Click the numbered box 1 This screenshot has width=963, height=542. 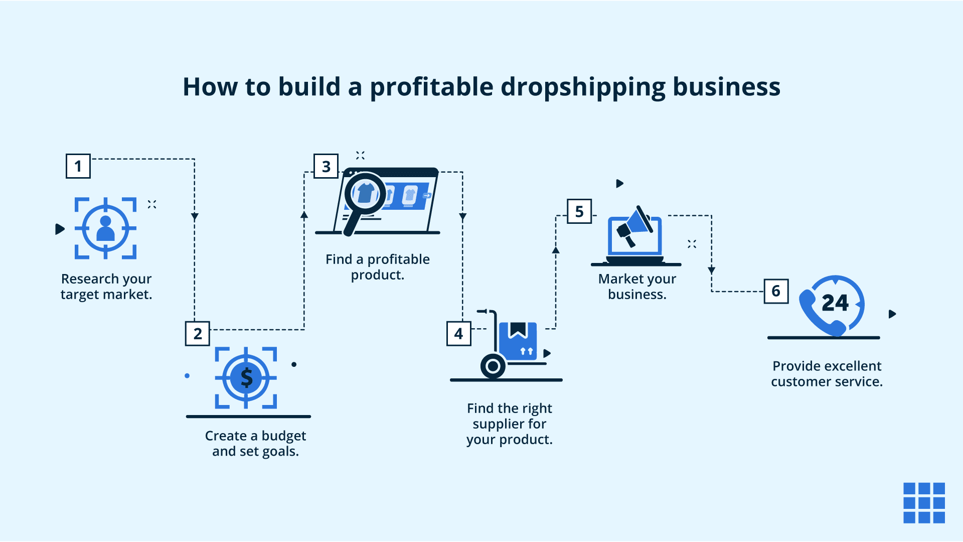point(78,166)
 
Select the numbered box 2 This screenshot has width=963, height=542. point(198,334)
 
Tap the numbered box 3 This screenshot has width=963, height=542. point(326,166)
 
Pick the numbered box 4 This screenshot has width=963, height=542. point(458,334)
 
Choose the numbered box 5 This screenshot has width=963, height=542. point(579,211)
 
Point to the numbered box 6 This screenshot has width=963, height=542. point(776,291)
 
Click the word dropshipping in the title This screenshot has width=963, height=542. point(583,87)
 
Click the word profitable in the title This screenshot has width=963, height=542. point(431,87)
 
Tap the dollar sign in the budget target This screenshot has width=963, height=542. point(246,377)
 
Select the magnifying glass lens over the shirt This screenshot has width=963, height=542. point(365,194)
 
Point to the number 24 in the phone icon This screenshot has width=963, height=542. point(835,303)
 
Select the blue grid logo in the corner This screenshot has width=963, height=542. point(924,503)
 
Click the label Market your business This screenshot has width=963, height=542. point(637,287)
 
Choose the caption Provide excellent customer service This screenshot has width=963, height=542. point(827,374)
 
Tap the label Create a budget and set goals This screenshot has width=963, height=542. point(255,444)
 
